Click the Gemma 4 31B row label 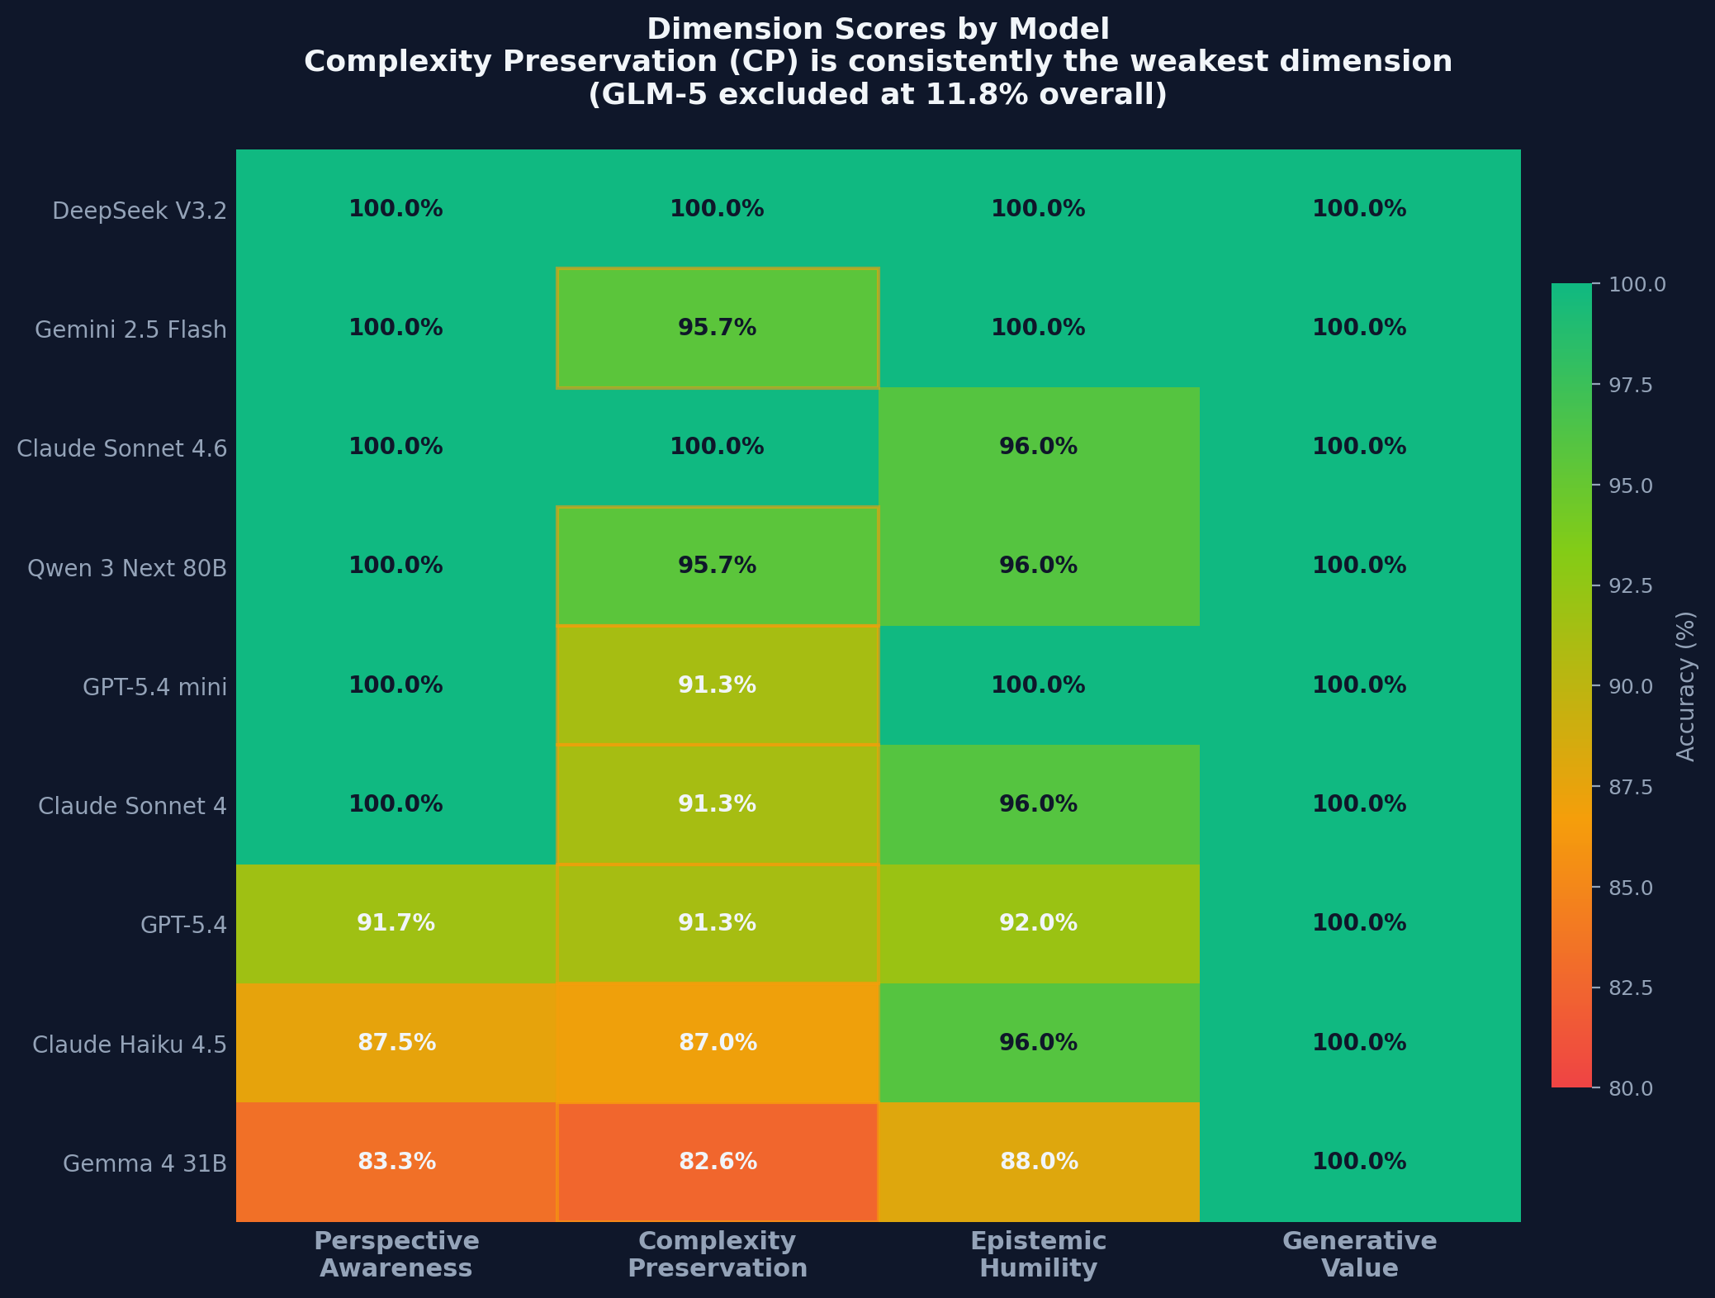[x=144, y=1163]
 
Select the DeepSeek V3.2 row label [x=139, y=211]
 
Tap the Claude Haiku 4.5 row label [x=130, y=1045]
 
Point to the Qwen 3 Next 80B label [x=127, y=568]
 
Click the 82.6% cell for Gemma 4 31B [x=718, y=1162]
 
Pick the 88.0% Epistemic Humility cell [x=1039, y=1162]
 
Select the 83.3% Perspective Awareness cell [x=396, y=1162]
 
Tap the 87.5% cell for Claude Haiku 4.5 [x=396, y=1043]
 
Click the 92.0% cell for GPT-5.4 [x=1039, y=923]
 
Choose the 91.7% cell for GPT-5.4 [x=396, y=923]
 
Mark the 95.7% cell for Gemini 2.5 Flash [x=718, y=328]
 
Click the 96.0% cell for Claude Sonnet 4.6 [x=1039, y=447]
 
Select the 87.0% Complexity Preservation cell [x=718, y=1043]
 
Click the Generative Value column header [x=1359, y=1254]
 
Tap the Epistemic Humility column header [x=1039, y=1254]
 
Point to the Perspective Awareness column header [x=396, y=1254]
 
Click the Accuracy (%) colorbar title [x=1685, y=686]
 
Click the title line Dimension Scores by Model [x=878, y=30]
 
